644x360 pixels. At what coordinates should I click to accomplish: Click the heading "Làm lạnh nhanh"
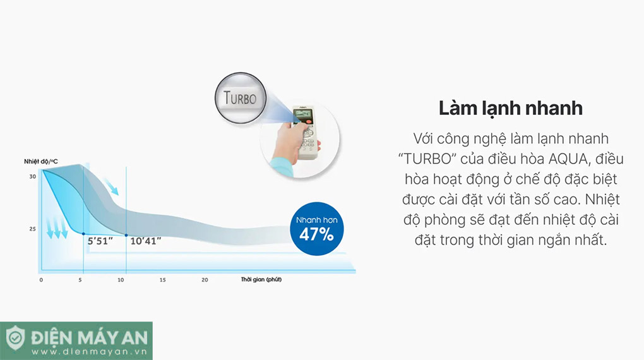point(511,108)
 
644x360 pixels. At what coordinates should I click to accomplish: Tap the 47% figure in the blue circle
point(316,234)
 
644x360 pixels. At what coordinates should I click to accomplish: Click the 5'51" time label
point(100,241)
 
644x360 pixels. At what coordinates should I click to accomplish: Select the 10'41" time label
point(145,241)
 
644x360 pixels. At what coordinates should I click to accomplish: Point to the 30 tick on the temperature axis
point(32,176)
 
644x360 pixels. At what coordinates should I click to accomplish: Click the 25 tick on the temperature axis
point(32,229)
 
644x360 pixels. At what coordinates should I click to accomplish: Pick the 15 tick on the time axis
point(163,280)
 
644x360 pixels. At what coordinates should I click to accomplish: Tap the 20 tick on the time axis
point(205,280)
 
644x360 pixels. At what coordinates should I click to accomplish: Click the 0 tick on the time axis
point(41,280)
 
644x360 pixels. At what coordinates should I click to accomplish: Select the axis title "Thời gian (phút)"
point(261,279)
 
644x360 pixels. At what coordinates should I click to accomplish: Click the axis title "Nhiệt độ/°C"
point(40,162)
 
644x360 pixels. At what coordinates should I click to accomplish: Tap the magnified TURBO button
point(241,98)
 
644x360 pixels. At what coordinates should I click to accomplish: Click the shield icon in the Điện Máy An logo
point(15,338)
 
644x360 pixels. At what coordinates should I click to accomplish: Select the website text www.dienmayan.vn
point(89,352)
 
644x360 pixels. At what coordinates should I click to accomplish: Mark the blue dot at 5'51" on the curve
point(83,234)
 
